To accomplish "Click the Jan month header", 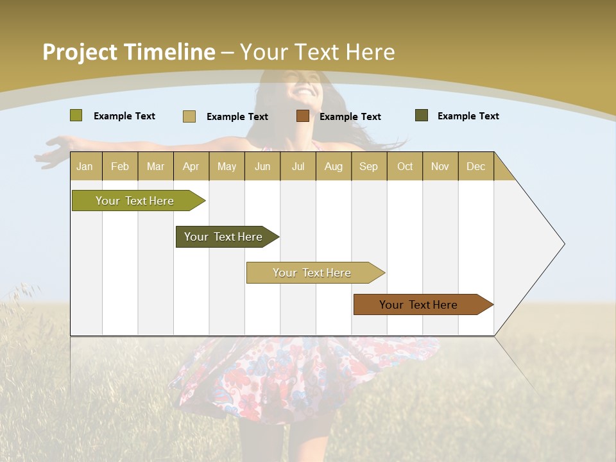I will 85,166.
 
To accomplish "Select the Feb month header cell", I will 120,166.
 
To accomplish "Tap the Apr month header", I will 191,166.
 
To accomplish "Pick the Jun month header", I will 262,166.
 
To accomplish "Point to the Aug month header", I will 334,166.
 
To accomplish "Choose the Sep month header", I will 369,166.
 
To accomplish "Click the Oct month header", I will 405,166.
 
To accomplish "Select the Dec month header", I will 476,166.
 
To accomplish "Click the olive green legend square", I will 76,116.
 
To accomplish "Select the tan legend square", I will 189,116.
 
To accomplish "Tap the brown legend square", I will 303,116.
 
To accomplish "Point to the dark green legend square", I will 422,116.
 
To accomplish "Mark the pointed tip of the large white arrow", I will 563,244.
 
